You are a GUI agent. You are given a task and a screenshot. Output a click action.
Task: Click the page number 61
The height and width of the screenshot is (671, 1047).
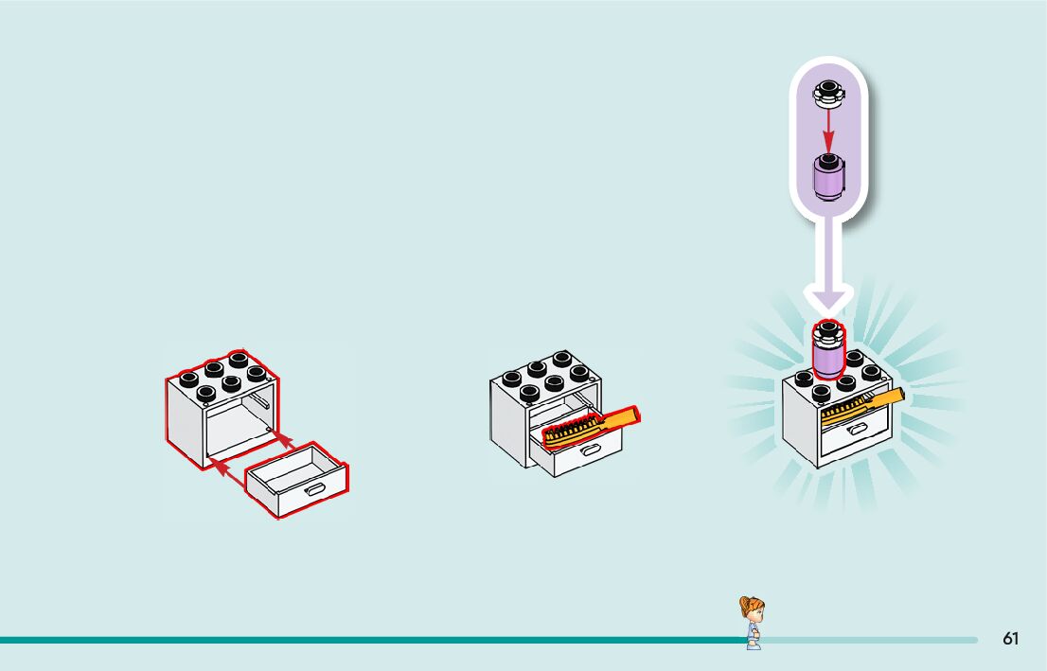pyautogui.click(x=1010, y=639)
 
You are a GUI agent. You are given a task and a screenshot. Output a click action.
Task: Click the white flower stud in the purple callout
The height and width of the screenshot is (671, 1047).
pyautogui.click(x=827, y=93)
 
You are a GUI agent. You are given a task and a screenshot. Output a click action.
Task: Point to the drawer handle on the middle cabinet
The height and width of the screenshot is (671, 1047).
pyautogui.click(x=588, y=451)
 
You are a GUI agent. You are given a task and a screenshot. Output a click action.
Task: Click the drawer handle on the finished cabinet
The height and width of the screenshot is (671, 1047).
pyautogui.click(x=857, y=431)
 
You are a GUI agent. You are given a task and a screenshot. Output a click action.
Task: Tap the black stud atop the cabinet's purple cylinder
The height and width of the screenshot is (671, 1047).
pyautogui.click(x=828, y=330)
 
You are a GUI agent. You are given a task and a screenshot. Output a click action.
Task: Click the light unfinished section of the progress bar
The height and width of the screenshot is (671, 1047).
pyautogui.click(x=871, y=640)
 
